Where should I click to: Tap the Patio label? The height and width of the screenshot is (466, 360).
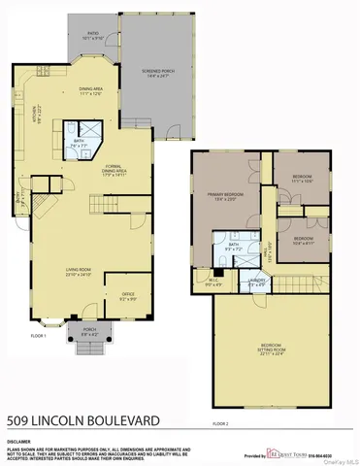tap(93, 34)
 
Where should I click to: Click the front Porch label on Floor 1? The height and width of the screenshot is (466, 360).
tap(90, 330)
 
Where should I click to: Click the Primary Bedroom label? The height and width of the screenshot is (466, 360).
tap(224, 196)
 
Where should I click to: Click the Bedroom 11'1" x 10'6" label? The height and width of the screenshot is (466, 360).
tap(302, 180)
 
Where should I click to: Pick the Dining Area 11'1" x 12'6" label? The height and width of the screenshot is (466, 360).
tap(90, 90)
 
